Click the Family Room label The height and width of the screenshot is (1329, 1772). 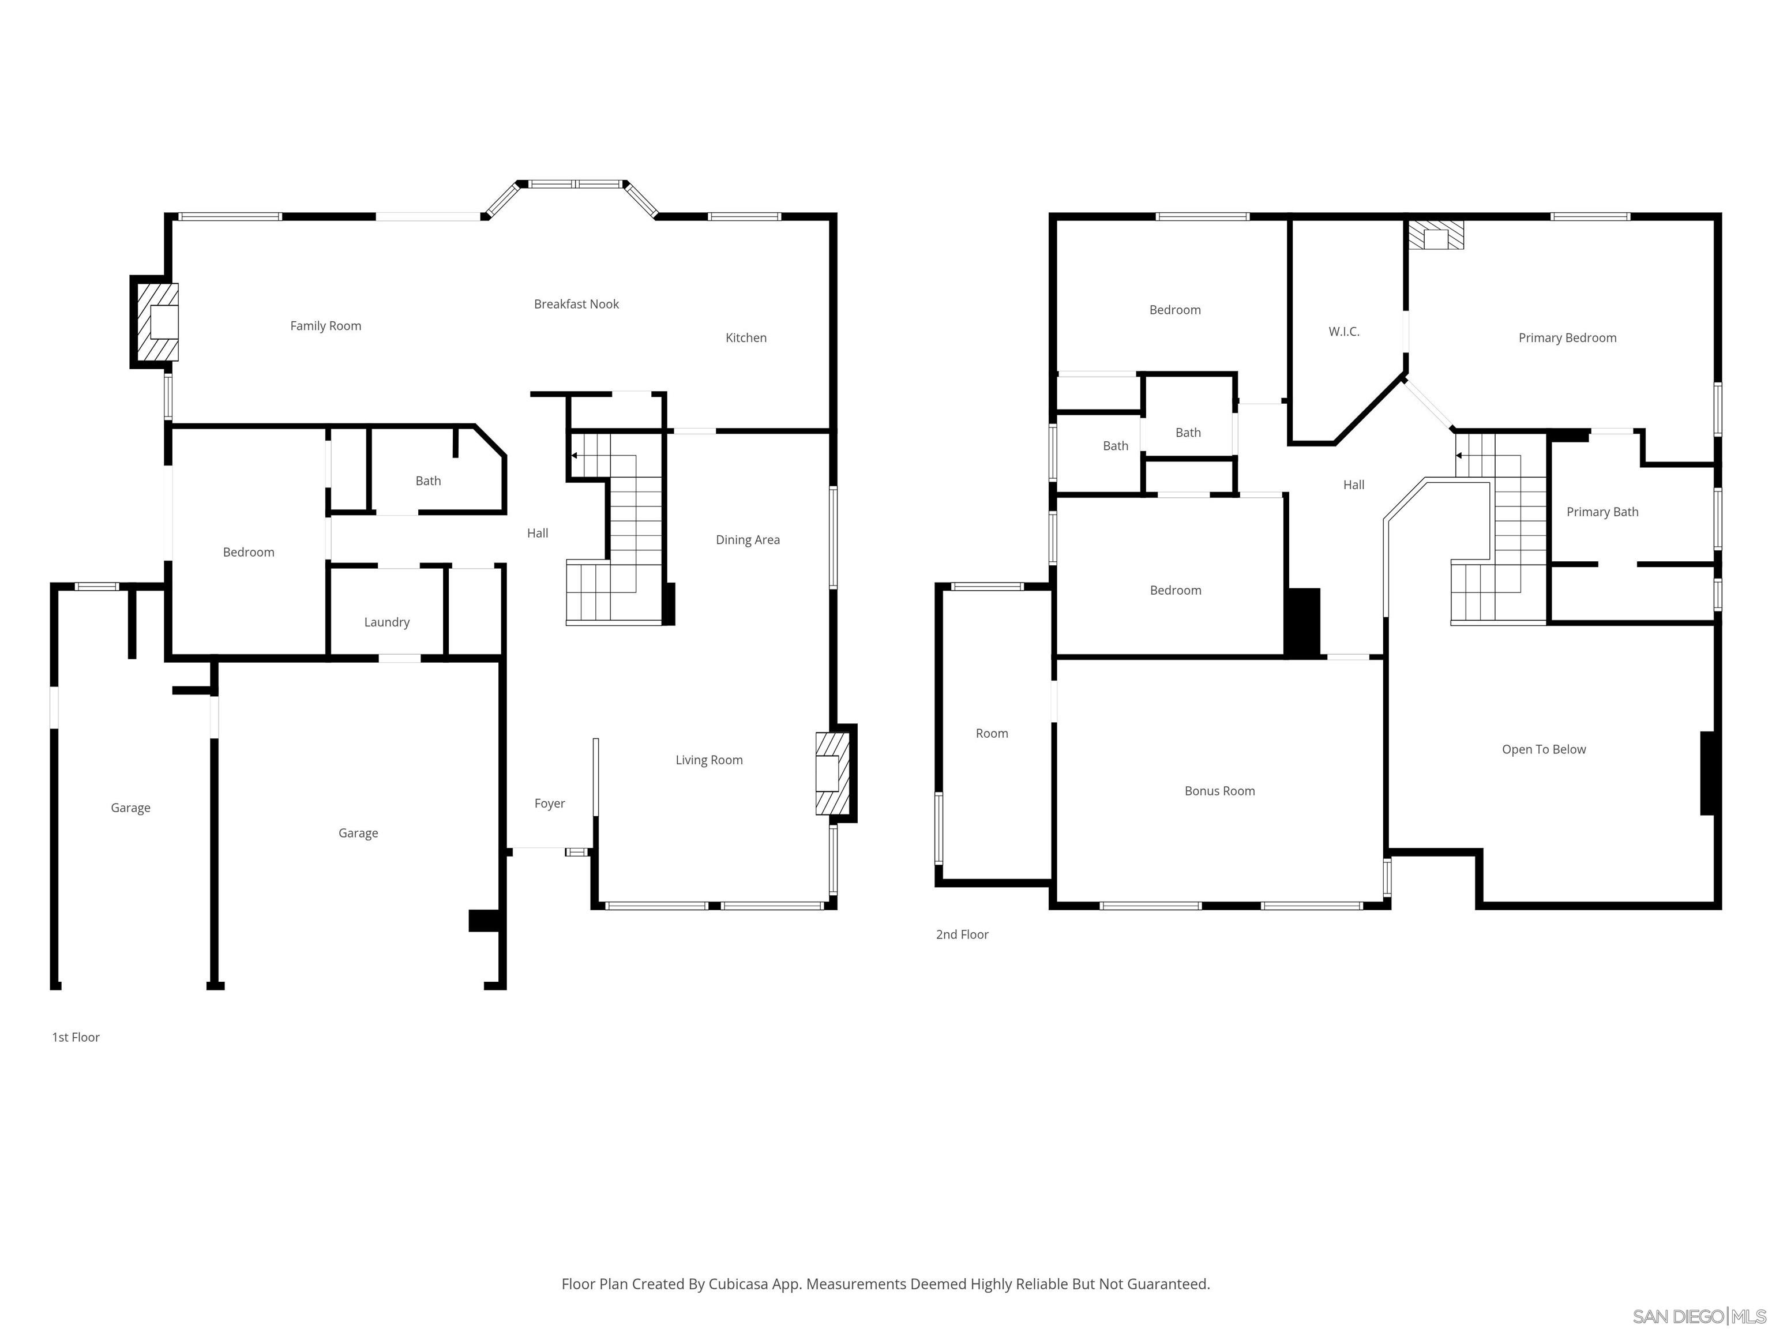point(325,326)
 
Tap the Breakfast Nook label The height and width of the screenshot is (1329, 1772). point(576,305)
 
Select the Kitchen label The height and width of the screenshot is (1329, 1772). point(746,338)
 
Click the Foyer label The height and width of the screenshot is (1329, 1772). point(550,804)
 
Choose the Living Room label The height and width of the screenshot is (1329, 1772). point(709,760)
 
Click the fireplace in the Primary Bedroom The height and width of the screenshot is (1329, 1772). point(1436,235)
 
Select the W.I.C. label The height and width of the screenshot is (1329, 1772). point(1343,332)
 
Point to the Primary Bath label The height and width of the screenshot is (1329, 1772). point(1602,512)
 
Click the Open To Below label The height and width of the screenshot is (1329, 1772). point(1544,750)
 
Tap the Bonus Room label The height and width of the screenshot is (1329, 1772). point(1219,791)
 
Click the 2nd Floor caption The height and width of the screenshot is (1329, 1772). point(962,935)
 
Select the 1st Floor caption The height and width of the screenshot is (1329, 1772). point(76,1037)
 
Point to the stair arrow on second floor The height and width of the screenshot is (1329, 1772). point(1459,456)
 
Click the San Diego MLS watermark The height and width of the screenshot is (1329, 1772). point(1698,1316)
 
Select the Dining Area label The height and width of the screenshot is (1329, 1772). point(748,540)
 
